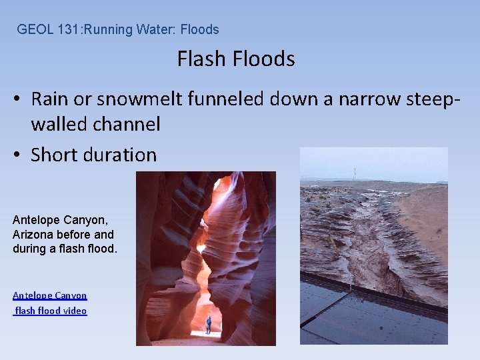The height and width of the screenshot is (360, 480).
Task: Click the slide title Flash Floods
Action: click(236, 59)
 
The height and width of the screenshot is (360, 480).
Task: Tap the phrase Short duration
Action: click(93, 155)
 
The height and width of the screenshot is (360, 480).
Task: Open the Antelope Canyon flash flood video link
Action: click(50, 303)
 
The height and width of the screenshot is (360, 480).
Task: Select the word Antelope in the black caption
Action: click(33, 219)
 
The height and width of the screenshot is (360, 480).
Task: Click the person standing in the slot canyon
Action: click(208, 325)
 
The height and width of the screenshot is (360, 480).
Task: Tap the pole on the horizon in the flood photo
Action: click(354, 173)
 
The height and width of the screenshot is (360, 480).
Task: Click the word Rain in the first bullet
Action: click(49, 99)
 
